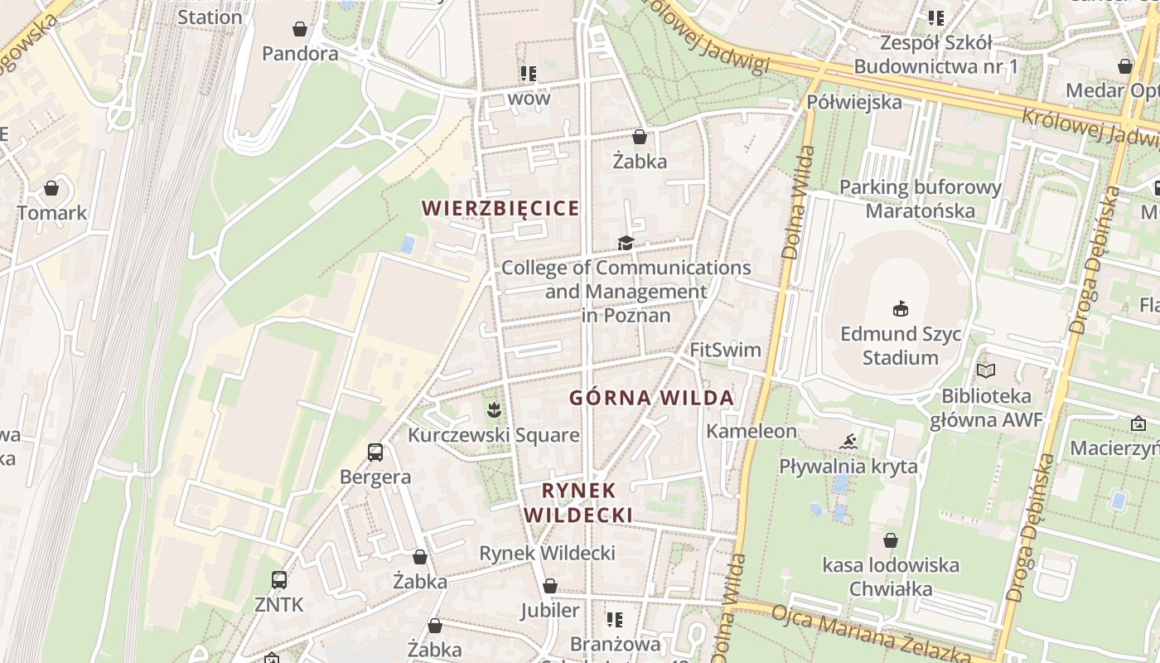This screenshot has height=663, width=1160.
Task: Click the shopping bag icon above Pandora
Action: tap(300, 30)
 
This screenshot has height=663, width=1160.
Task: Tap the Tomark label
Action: tap(52, 213)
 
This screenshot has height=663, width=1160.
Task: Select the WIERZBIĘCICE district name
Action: tap(500, 208)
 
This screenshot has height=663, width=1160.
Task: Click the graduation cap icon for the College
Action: tap(626, 243)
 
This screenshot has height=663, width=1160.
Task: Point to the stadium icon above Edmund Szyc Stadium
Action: tap(900, 309)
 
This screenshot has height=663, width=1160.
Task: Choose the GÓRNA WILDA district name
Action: tap(651, 398)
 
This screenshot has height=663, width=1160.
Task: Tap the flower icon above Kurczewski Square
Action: tap(494, 409)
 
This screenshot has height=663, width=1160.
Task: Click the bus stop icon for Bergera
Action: tap(375, 452)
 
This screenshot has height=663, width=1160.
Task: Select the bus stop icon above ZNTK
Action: tap(279, 580)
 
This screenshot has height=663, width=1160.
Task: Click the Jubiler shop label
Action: tap(550, 611)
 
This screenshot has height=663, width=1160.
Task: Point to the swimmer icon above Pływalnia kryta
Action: tap(848, 441)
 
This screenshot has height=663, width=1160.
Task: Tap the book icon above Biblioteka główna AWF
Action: tap(986, 370)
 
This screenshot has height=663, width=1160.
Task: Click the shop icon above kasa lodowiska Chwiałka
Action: tap(891, 541)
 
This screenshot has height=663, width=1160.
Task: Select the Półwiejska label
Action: tap(853, 103)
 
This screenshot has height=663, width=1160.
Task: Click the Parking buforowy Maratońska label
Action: tap(921, 199)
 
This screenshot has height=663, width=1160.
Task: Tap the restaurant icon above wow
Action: tap(529, 74)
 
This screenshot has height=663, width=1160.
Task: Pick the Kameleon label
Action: tap(752, 431)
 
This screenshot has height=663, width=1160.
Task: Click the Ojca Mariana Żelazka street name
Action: tap(870, 634)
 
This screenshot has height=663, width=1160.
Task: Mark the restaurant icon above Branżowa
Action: tap(615, 619)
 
